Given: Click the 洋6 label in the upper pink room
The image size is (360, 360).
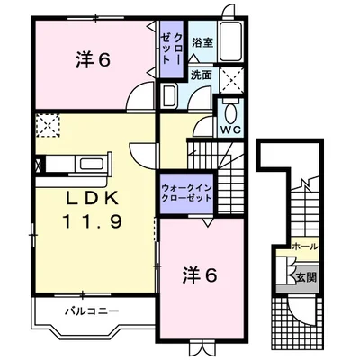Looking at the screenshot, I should pos(92,60).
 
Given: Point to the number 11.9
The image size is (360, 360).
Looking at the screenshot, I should pos(91,219).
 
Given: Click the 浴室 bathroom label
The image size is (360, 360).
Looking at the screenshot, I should pos(202,41).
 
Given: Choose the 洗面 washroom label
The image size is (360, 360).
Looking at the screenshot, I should pos(201,76).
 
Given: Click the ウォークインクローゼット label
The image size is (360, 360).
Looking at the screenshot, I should pos(187,192).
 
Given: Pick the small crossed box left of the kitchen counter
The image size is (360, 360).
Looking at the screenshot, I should pos(36,165).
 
